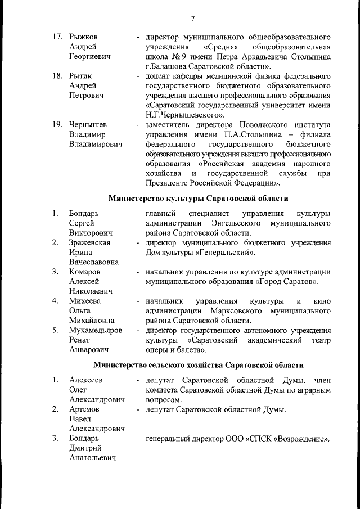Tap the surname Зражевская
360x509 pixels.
click(x=89, y=242)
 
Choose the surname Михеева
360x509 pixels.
click(x=84, y=301)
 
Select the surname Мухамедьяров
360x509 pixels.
click(x=96, y=330)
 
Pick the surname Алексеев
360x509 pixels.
click(x=86, y=380)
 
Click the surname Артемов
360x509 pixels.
click(x=84, y=409)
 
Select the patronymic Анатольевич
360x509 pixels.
click(x=92, y=458)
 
